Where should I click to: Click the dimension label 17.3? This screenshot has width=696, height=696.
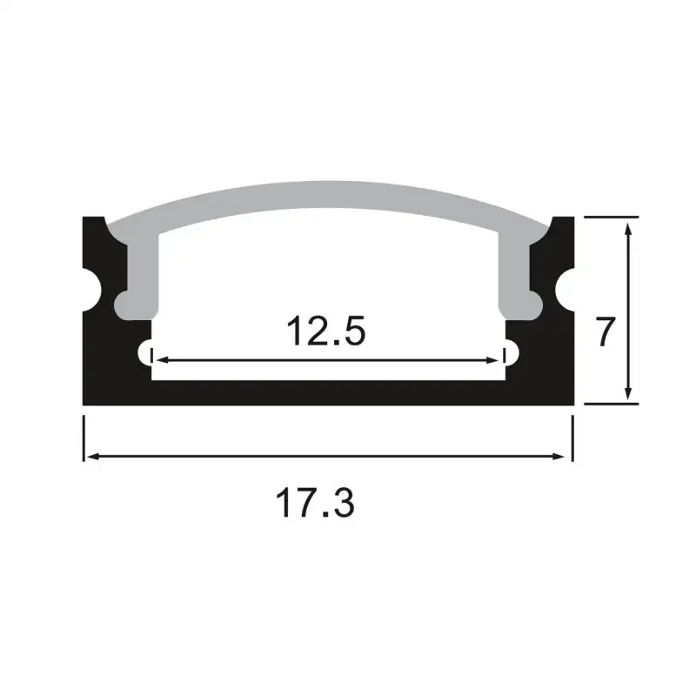(315, 504)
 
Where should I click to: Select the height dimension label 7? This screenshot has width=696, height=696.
(606, 332)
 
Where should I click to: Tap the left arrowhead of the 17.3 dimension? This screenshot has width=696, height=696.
(90, 456)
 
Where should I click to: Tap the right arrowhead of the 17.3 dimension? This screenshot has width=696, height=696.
(566, 456)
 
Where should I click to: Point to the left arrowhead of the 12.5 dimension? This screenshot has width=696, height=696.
(157, 358)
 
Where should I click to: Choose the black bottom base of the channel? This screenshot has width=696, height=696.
(329, 393)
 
